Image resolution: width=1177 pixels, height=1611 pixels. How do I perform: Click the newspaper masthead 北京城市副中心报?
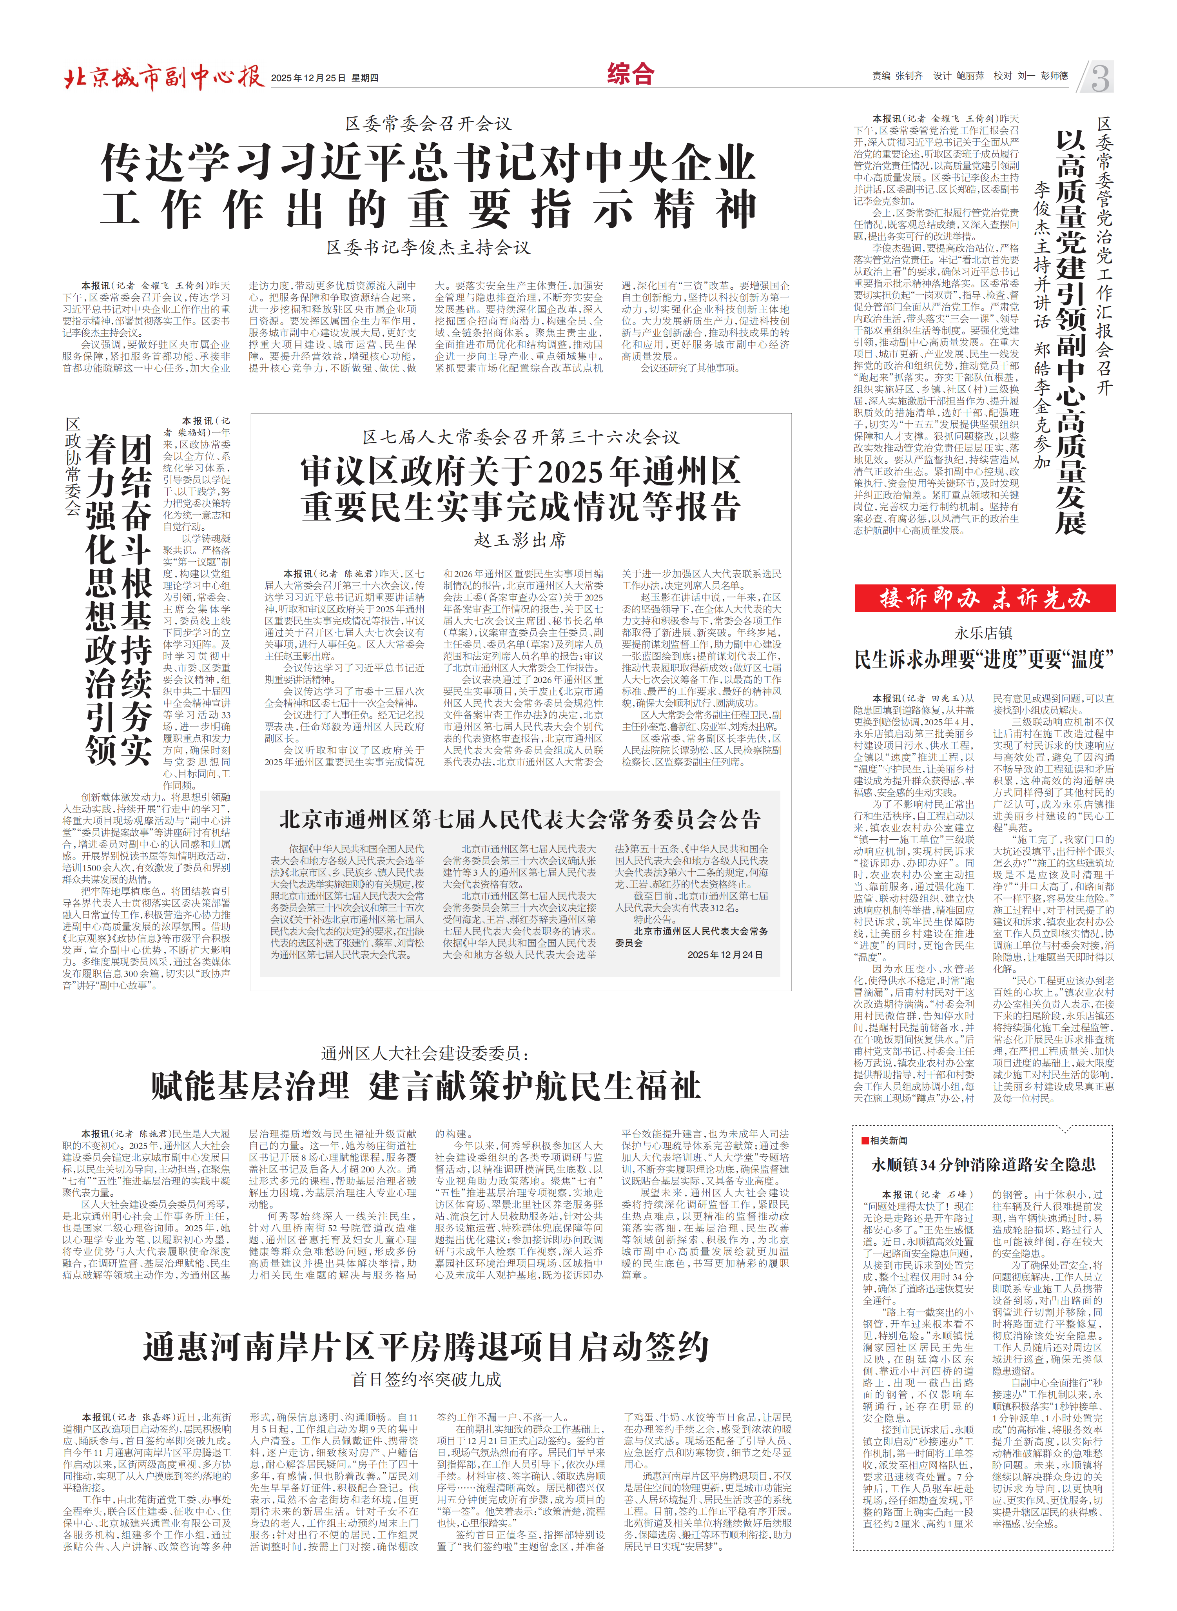[164, 77]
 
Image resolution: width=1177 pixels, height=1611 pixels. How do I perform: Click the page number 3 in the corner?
[1099, 77]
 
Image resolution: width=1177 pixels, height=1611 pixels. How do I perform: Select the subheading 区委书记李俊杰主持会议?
[428, 247]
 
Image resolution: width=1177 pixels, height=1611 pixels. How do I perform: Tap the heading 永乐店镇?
[983, 633]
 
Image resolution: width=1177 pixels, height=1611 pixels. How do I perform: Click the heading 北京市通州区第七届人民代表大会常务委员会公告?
[520, 819]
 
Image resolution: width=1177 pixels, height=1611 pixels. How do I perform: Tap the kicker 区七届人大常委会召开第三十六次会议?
[520, 437]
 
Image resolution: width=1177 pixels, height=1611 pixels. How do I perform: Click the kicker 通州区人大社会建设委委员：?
[425, 1053]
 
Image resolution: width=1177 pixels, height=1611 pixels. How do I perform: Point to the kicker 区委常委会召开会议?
[428, 124]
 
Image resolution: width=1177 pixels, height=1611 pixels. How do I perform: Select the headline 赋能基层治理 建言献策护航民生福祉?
[425, 1087]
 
